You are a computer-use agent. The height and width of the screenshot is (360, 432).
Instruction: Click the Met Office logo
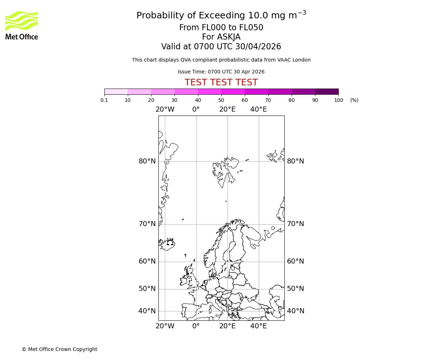pos(22,25)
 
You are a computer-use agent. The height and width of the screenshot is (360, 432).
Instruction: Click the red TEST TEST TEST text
pos(221,83)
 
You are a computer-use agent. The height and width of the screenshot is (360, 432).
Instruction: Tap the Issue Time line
pos(221,72)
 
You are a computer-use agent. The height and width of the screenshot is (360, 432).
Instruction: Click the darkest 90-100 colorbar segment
pos(327,91)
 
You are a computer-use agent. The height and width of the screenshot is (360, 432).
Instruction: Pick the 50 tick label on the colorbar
pos(221,100)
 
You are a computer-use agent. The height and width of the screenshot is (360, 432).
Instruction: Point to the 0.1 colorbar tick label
pos(104,100)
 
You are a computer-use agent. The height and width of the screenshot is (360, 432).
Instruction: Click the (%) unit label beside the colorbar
pos(354,100)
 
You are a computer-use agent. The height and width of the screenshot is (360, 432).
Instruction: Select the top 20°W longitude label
pos(165,109)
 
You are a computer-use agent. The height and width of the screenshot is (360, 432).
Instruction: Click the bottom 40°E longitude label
pos(258,327)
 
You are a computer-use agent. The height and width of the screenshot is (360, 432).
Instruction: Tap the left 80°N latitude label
pos(147,161)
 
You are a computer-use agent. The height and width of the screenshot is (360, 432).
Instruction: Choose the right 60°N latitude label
pos(295,261)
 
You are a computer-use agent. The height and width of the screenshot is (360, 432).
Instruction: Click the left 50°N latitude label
pos(147,289)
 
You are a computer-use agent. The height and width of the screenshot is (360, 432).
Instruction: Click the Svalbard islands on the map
pos(225,171)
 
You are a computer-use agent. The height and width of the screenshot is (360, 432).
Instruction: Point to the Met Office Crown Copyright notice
pos(59,350)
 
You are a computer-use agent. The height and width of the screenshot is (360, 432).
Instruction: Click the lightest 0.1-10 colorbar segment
pos(116,91)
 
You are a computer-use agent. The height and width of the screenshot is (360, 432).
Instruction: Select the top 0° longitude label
pos(196,109)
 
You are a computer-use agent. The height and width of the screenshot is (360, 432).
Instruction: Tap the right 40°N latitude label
pos(295,311)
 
